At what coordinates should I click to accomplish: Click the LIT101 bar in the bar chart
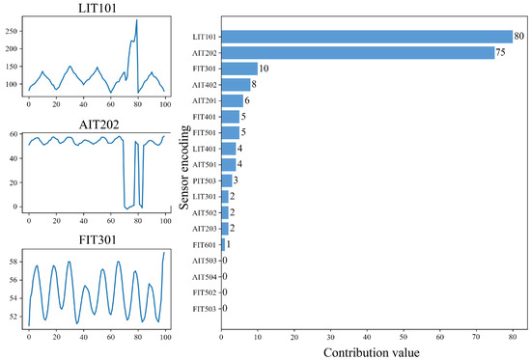pyautogui.click(x=367, y=37)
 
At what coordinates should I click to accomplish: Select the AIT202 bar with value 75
pyautogui.click(x=357, y=52)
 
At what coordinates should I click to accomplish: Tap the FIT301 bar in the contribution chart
pyautogui.click(x=239, y=69)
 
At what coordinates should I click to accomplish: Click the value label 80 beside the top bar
pyautogui.click(x=519, y=37)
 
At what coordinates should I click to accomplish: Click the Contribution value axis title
pyautogui.click(x=374, y=351)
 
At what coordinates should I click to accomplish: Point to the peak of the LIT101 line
pyautogui.click(x=137, y=20)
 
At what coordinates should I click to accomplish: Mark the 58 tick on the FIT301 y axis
pyautogui.click(x=15, y=261)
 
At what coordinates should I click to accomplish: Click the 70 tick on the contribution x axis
pyautogui.click(x=477, y=337)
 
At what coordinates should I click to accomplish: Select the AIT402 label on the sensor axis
pyautogui.click(x=204, y=84)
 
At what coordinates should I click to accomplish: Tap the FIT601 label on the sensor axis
pyautogui.click(x=204, y=244)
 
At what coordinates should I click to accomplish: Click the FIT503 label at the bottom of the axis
pyautogui.click(x=204, y=308)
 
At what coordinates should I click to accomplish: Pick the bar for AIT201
pyautogui.click(x=232, y=100)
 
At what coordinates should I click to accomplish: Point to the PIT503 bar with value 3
pyautogui.click(x=227, y=180)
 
